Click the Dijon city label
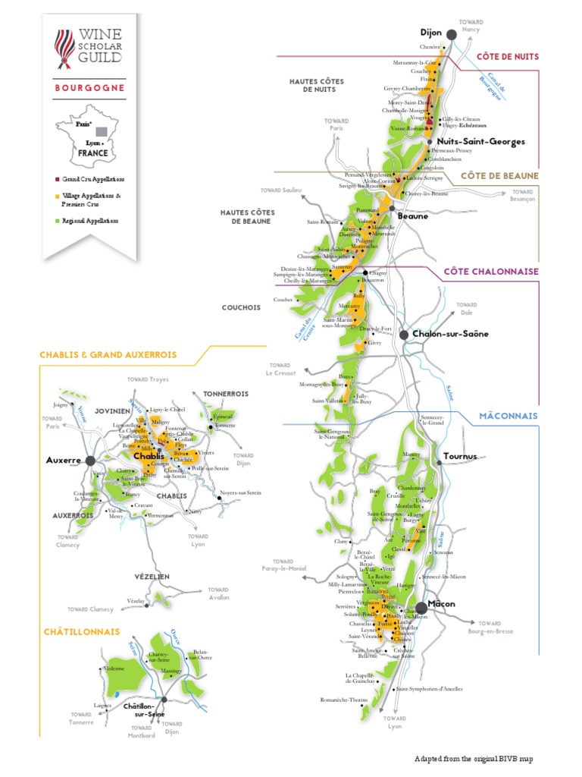pos(431,33)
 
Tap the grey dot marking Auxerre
pos(90,460)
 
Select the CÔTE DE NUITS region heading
pos(507,56)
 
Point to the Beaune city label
pos(413,215)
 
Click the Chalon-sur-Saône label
pos(450,334)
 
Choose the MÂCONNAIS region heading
pos(508,416)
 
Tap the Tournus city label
pos(460,456)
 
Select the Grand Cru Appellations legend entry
pos(89,179)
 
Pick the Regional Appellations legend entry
pos(89,221)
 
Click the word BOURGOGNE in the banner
pos(89,87)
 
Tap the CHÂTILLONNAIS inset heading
pos(82,631)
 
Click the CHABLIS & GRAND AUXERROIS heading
pos(110,354)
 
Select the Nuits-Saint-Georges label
pos(471,141)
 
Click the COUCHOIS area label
pos(241,308)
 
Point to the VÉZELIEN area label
pos(153,577)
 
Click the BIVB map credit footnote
pos(479,759)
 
